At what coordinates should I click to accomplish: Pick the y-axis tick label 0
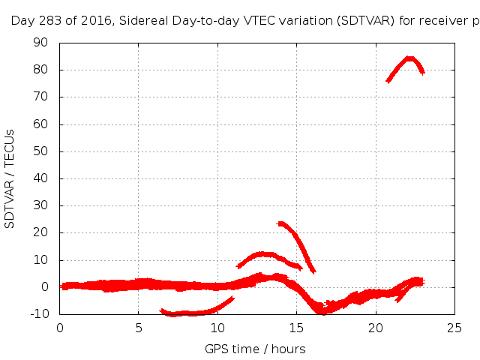pos(45,287)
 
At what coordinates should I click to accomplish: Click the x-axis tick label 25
pos(454,327)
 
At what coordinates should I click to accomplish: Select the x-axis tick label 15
pos(296,327)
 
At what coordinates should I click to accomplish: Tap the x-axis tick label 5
pos(139,327)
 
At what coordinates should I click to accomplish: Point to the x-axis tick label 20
pos(376,327)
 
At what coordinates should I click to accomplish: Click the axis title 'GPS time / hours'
pos(255,349)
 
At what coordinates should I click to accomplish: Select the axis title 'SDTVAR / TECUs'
pos(10,178)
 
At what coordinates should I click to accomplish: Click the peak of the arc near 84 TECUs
pos(409,58)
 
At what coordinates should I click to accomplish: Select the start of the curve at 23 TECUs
pos(280,223)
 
